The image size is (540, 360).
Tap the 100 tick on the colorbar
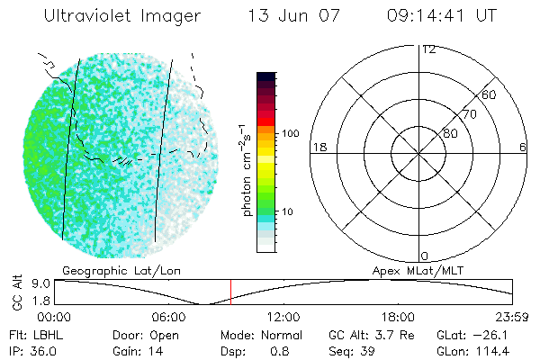coord(291,133)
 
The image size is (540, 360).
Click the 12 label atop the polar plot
coord(428,49)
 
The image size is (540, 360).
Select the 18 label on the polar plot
coord(318,147)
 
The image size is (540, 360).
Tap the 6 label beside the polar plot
coord(523,147)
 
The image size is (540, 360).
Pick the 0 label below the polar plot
coord(425,256)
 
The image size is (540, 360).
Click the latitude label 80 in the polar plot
coord(450,133)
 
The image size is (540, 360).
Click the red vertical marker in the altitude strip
coord(230,292)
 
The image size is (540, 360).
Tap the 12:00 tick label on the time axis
coord(283,317)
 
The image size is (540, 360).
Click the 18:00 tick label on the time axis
coord(398,317)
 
